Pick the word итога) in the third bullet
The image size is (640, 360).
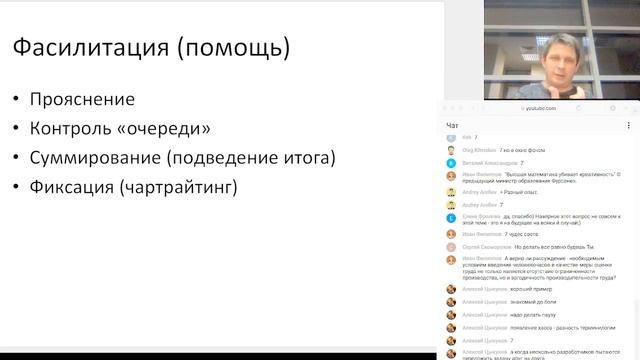(310, 158)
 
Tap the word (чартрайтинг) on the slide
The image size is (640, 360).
(190, 187)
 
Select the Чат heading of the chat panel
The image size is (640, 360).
(452, 125)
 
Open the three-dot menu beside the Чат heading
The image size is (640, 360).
(631, 125)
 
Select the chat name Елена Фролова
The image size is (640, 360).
(482, 216)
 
